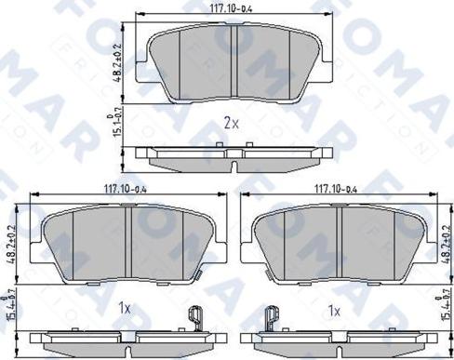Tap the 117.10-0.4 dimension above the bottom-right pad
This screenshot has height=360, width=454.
coord(337,189)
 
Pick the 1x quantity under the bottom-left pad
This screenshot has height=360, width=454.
coord(124,306)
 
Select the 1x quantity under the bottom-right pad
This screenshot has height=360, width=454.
coord(334,306)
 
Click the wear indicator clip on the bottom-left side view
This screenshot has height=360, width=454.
coord(195,317)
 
